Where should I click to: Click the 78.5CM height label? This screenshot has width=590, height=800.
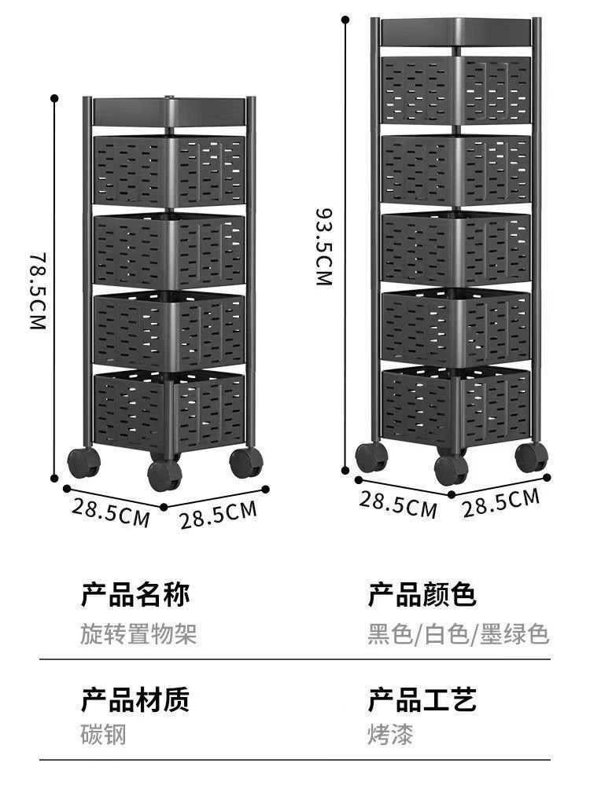click(x=38, y=292)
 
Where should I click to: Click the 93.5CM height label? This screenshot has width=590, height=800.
click(x=323, y=246)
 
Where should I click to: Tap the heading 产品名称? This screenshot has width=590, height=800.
click(x=135, y=595)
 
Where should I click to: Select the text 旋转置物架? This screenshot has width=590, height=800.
click(x=138, y=633)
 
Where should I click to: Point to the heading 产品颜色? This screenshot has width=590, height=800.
click(x=422, y=595)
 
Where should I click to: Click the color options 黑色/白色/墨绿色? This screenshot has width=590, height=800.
click(x=458, y=633)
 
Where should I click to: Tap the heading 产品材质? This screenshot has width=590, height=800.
click(x=135, y=699)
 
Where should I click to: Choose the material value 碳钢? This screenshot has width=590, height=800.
click(x=103, y=735)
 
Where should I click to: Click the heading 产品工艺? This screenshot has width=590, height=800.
click(x=422, y=699)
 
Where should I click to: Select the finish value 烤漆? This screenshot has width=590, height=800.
click(x=389, y=735)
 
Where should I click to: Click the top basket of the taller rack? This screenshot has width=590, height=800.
click(x=456, y=88)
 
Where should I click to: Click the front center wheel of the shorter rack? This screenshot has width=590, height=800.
click(x=164, y=474)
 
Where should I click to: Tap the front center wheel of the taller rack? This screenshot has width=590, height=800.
click(x=451, y=469)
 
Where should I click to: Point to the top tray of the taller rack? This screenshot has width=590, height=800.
click(x=456, y=31)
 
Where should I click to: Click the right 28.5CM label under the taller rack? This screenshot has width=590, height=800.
click(x=500, y=502)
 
